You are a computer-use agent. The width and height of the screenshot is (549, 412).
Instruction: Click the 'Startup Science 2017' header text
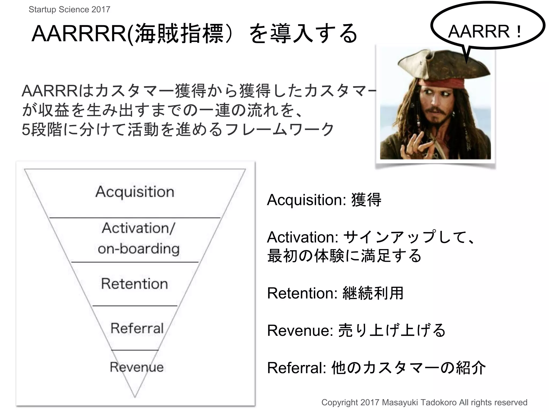coord(69,9)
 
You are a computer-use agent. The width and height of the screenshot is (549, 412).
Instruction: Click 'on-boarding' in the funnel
coord(139,249)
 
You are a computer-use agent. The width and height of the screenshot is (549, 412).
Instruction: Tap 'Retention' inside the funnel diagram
coord(135,284)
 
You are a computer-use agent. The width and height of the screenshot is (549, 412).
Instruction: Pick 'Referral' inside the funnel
coord(137,328)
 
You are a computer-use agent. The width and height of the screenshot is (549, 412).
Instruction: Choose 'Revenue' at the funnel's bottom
coord(136,367)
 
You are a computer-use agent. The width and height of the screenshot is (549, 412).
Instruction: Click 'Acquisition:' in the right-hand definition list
coord(306,200)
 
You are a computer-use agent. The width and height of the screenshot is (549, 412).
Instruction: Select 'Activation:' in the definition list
coord(303,237)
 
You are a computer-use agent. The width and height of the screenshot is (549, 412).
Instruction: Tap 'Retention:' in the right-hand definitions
coord(302,293)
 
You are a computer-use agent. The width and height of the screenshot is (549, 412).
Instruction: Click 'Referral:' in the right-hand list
coord(296,368)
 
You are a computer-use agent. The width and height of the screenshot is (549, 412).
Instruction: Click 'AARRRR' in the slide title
coord(79,34)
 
